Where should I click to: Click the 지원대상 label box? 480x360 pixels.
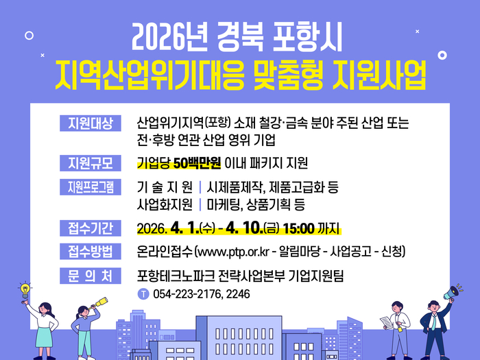[90, 123]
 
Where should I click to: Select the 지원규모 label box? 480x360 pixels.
[90, 163]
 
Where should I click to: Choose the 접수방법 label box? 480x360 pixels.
[90, 251]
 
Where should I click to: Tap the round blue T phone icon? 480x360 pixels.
[143, 294]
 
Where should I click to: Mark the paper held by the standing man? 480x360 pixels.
[387, 320]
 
